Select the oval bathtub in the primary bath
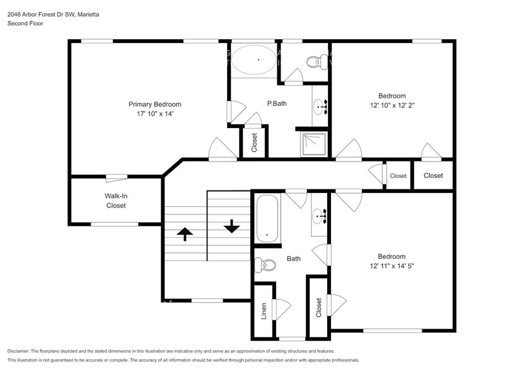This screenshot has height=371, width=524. [253, 61]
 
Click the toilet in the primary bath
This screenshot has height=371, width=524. [313, 62]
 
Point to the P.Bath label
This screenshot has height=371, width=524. [277, 103]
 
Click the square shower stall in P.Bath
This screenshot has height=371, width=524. [313, 143]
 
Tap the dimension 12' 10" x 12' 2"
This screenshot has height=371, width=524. [392, 106]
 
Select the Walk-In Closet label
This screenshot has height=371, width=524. [115, 201]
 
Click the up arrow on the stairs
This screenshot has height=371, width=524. [185, 234]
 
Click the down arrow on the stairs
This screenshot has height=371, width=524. [231, 225]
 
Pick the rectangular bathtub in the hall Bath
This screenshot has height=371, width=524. [267, 218]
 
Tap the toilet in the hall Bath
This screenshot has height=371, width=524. [264, 265]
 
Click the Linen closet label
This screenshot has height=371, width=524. [264, 310]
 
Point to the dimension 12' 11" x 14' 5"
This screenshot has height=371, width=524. [392, 266]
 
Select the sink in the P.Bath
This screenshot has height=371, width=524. [320, 108]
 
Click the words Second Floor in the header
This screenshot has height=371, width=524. [25, 23]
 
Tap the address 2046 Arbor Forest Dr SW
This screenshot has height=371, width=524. [39, 14]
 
